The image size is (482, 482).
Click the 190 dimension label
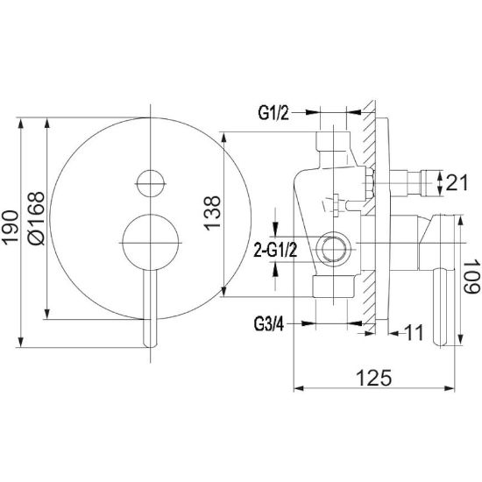click(x=11, y=228)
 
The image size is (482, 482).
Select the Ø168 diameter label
click(x=36, y=218)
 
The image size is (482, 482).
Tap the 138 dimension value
click(x=212, y=213)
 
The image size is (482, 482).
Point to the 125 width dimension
click(x=374, y=378)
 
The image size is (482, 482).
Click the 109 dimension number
click(x=471, y=276)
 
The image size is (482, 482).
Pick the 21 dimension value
click(x=457, y=182)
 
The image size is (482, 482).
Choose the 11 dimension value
click(x=413, y=332)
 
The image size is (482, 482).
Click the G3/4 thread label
click(x=269, y=324)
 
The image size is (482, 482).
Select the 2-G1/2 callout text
click(x=275, y=250)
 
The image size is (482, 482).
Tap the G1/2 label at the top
click(x=273, y=113)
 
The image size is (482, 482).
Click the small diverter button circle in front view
click(x=151, y=183)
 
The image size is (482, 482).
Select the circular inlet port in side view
click(x=334, y=248)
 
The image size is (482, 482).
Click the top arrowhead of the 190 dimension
click(x=21, y=124)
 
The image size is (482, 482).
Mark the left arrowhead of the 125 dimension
click(x=299, y=388)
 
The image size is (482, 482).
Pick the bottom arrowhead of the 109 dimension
click(x=460, y=340)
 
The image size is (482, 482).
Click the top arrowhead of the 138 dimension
click(x=223, y=138)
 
